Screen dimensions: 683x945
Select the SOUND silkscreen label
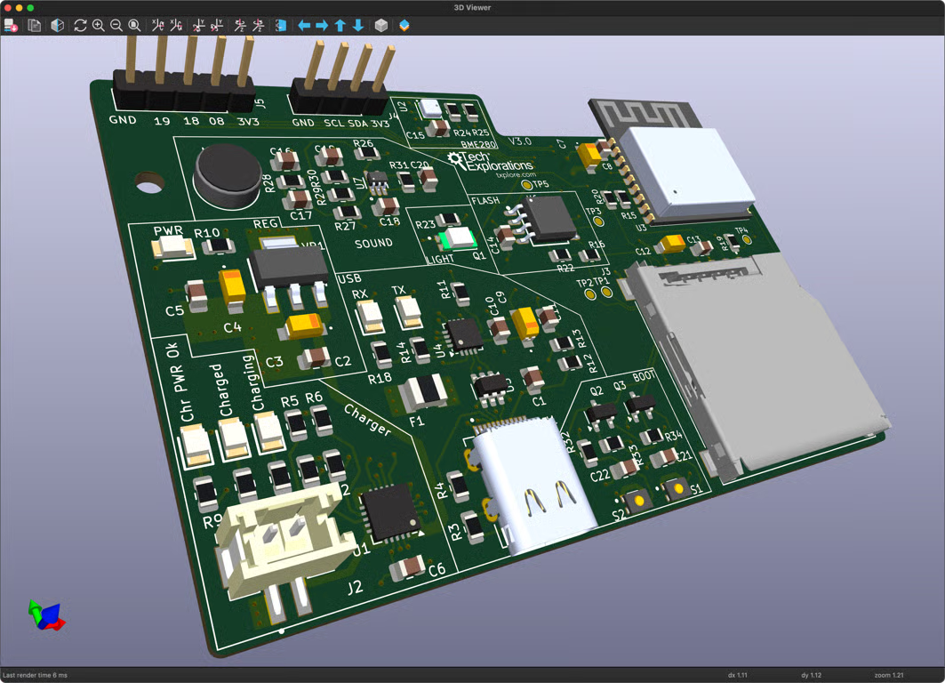point(373,243)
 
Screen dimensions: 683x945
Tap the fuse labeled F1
point(425,391)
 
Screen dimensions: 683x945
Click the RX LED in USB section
point(368,316)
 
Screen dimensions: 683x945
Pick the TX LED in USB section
point(408,311)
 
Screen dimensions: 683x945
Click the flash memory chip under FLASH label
point(549,218)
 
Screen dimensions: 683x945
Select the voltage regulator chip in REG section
point(287,265)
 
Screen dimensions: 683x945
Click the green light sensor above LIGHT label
point(459,238)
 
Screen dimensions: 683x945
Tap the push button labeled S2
point(637,501)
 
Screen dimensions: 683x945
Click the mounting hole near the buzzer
point(149,183)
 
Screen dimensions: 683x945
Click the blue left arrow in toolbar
point(304,26)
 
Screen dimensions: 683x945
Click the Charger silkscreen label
point(367,421)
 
